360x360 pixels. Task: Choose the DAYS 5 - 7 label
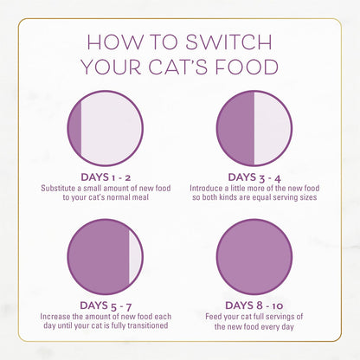[x=106, y=305]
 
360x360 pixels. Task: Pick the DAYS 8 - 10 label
[x=254, y=305]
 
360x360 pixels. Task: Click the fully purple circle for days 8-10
[x=254, y=256]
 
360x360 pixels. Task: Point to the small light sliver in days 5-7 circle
[x=135, y=256]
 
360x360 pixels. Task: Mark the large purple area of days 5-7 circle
[x=97, y=256]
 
